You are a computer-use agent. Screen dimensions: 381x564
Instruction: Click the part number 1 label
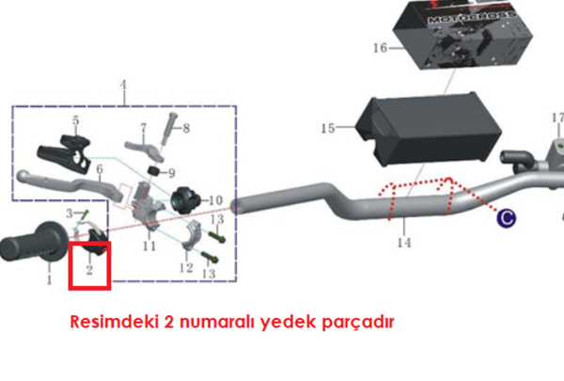point(49,279)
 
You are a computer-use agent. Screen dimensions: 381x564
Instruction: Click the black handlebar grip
point(32,248)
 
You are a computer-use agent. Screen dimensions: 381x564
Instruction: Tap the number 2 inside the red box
point(89,271)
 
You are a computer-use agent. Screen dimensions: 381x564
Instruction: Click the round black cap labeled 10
point(184,198)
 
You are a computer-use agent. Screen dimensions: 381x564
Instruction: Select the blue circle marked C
point(507,218)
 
